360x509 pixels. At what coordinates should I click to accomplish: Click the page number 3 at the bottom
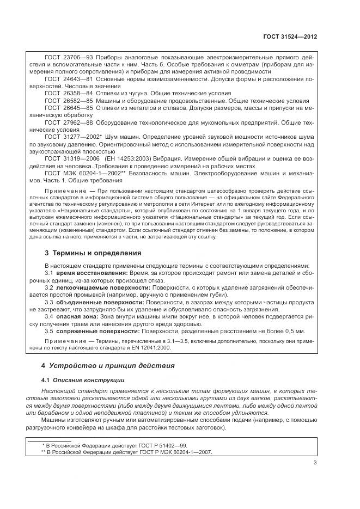click(315, 463)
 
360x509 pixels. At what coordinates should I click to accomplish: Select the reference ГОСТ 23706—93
click(64, 57)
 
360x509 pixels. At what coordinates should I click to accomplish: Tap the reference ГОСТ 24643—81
click(64, 79)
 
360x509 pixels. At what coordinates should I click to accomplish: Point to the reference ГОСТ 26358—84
click(64, 94)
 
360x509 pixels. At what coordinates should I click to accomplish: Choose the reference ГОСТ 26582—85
click(64, 101)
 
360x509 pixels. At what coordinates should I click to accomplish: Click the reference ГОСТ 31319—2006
click(67, 158)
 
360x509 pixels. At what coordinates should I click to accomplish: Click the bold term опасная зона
click(74, 316)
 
